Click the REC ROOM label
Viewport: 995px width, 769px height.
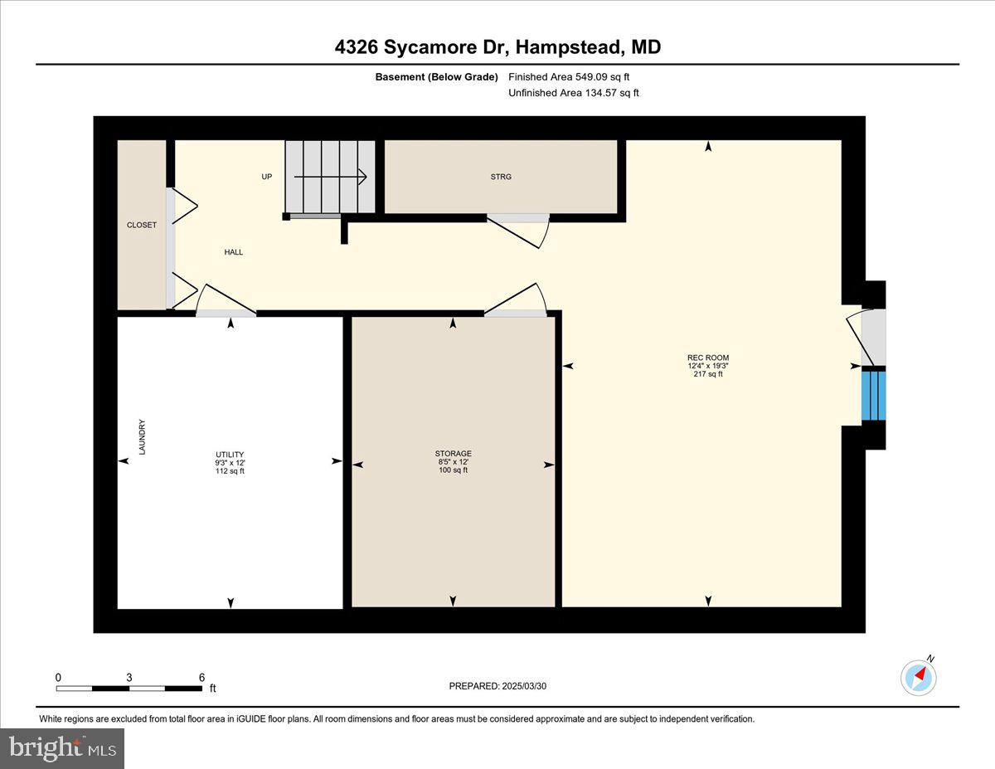tap(708, 358)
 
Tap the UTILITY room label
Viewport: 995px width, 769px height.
tap(230, 455)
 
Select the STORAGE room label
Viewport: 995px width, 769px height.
tap(454, 454)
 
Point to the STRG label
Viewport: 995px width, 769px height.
tap(501, 177)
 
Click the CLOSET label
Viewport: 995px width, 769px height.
tap(142, 225)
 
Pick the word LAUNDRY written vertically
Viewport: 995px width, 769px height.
tap(142, 437)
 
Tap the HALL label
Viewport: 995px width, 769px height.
tap(234, 252)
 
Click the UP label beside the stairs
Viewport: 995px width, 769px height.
tap(266, 177)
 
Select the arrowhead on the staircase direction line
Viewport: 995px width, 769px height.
tap(362, 177)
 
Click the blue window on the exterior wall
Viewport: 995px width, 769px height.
tap(874, 396)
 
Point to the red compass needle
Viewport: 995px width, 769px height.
tap(920, 674)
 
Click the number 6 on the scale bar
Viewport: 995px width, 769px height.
tap(201, 677)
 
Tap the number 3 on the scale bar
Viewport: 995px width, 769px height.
tap(129, 677)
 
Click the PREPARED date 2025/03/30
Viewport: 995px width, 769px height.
tap(524, 686)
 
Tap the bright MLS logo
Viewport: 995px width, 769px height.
tap(62, 748)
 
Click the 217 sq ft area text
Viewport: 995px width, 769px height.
tap(708, 374)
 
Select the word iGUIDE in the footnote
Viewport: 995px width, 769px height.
tap(251, 719)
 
